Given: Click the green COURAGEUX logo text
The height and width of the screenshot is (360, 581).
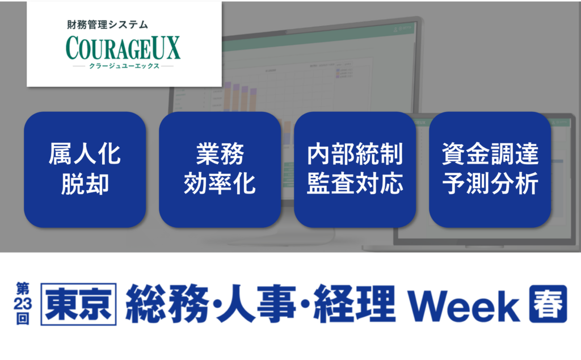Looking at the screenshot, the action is pyautogui.click(x=123, y=48).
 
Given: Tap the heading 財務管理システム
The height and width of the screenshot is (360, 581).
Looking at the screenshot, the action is pyautogui.click(x=107, y=25).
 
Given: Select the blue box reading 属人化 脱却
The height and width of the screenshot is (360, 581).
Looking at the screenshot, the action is pyautogui.click(x=85, y=169).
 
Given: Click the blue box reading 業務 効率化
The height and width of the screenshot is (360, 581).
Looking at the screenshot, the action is pyautogui.click(x=220, y=169).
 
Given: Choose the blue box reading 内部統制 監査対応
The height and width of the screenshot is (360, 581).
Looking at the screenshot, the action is pyautogui.click(x=355, y=169).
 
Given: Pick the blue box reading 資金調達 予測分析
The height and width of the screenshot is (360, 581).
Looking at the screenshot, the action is pyautogui.click(x=490, y=169).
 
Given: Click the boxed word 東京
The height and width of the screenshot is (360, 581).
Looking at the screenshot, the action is pyautogui.click(x=78, y=304).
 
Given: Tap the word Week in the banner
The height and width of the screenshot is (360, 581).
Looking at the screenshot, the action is pyautogui.click(x=464, y=306).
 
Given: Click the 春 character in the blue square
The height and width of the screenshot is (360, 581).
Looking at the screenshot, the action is pyautogui.click(x=548, y=304).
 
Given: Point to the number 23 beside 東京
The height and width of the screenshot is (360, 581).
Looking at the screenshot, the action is pyautogui.click(x=23, y=304).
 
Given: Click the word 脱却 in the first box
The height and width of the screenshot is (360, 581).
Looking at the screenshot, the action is pyautogui.click(x=85, y=184).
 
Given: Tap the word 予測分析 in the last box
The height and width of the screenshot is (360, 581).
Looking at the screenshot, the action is pyautogui.click(x=490, y=184).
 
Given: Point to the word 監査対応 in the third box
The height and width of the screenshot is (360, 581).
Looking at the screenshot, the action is pyautogui.click(x=355, y=184).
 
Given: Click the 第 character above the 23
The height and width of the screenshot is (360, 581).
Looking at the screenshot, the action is pyautogui.click(x=23, y=289).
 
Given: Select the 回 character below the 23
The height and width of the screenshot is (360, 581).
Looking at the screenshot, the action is pyautogui.click(x=23, y=319).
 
